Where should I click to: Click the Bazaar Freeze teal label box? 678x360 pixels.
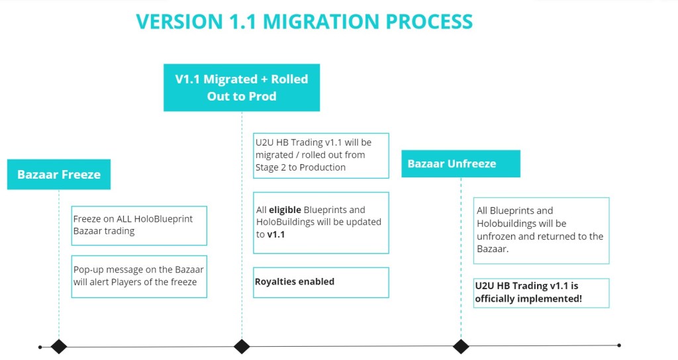pos(59,175)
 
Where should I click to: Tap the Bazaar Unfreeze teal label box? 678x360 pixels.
pos(460,163)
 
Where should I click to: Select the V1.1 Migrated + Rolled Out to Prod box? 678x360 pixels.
pos(242,87)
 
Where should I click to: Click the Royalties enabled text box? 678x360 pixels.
pos(321,282)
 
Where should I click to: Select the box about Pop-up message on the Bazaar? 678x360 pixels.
pos(139,277)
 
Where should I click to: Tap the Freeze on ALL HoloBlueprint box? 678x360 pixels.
pos(139,225)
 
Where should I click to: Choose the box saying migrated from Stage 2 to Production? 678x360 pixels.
pos(321,155)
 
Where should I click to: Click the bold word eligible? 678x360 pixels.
pos(284,210)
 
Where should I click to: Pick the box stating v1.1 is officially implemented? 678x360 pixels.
pos(541,292)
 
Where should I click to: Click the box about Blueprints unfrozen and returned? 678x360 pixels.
pos(541,230)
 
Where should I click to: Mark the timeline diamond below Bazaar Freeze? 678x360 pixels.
pos(59,346)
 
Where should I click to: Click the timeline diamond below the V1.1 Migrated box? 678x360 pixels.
pos(242,346)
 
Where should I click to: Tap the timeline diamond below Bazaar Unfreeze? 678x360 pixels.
pos(461,346)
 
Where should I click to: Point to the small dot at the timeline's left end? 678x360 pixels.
pos(40,346)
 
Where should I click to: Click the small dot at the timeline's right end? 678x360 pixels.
pos(619,345)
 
